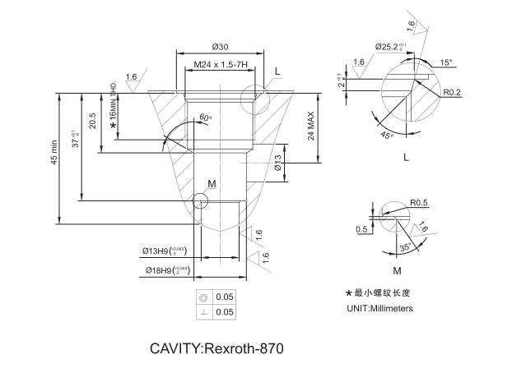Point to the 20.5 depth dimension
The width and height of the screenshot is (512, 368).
point(93,120)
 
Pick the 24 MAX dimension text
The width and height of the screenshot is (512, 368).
point(311,123)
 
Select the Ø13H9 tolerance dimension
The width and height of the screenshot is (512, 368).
point(165,251)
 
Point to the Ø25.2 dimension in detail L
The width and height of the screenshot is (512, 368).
point(393,47)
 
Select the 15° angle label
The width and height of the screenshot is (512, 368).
point(446,62)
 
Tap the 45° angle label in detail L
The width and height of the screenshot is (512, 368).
point(387,134)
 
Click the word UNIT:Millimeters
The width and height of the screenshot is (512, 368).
point(379,309)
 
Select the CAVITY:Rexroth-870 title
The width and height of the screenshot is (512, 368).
point(216,347)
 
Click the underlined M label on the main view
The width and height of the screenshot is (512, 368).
point(212,183)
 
